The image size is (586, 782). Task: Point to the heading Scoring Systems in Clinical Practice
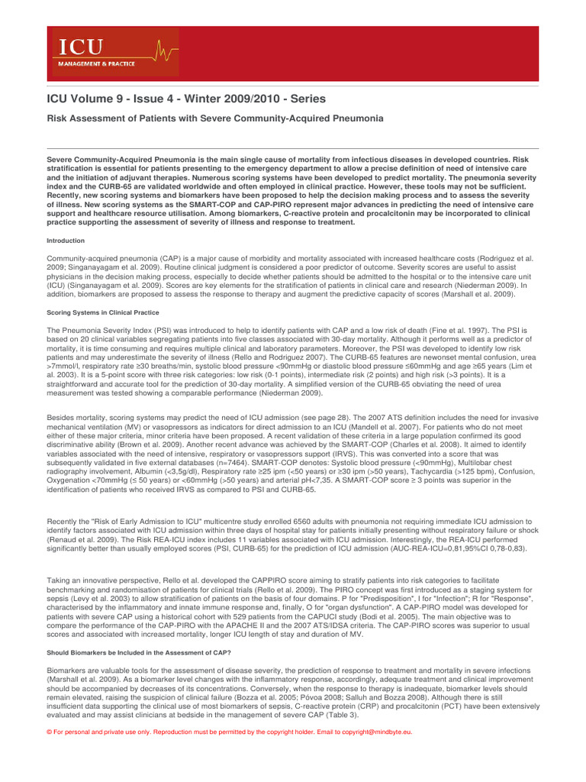(102, 312)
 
